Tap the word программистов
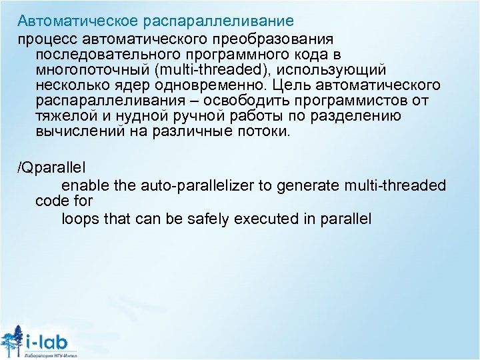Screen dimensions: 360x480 (x=367, y=101)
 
